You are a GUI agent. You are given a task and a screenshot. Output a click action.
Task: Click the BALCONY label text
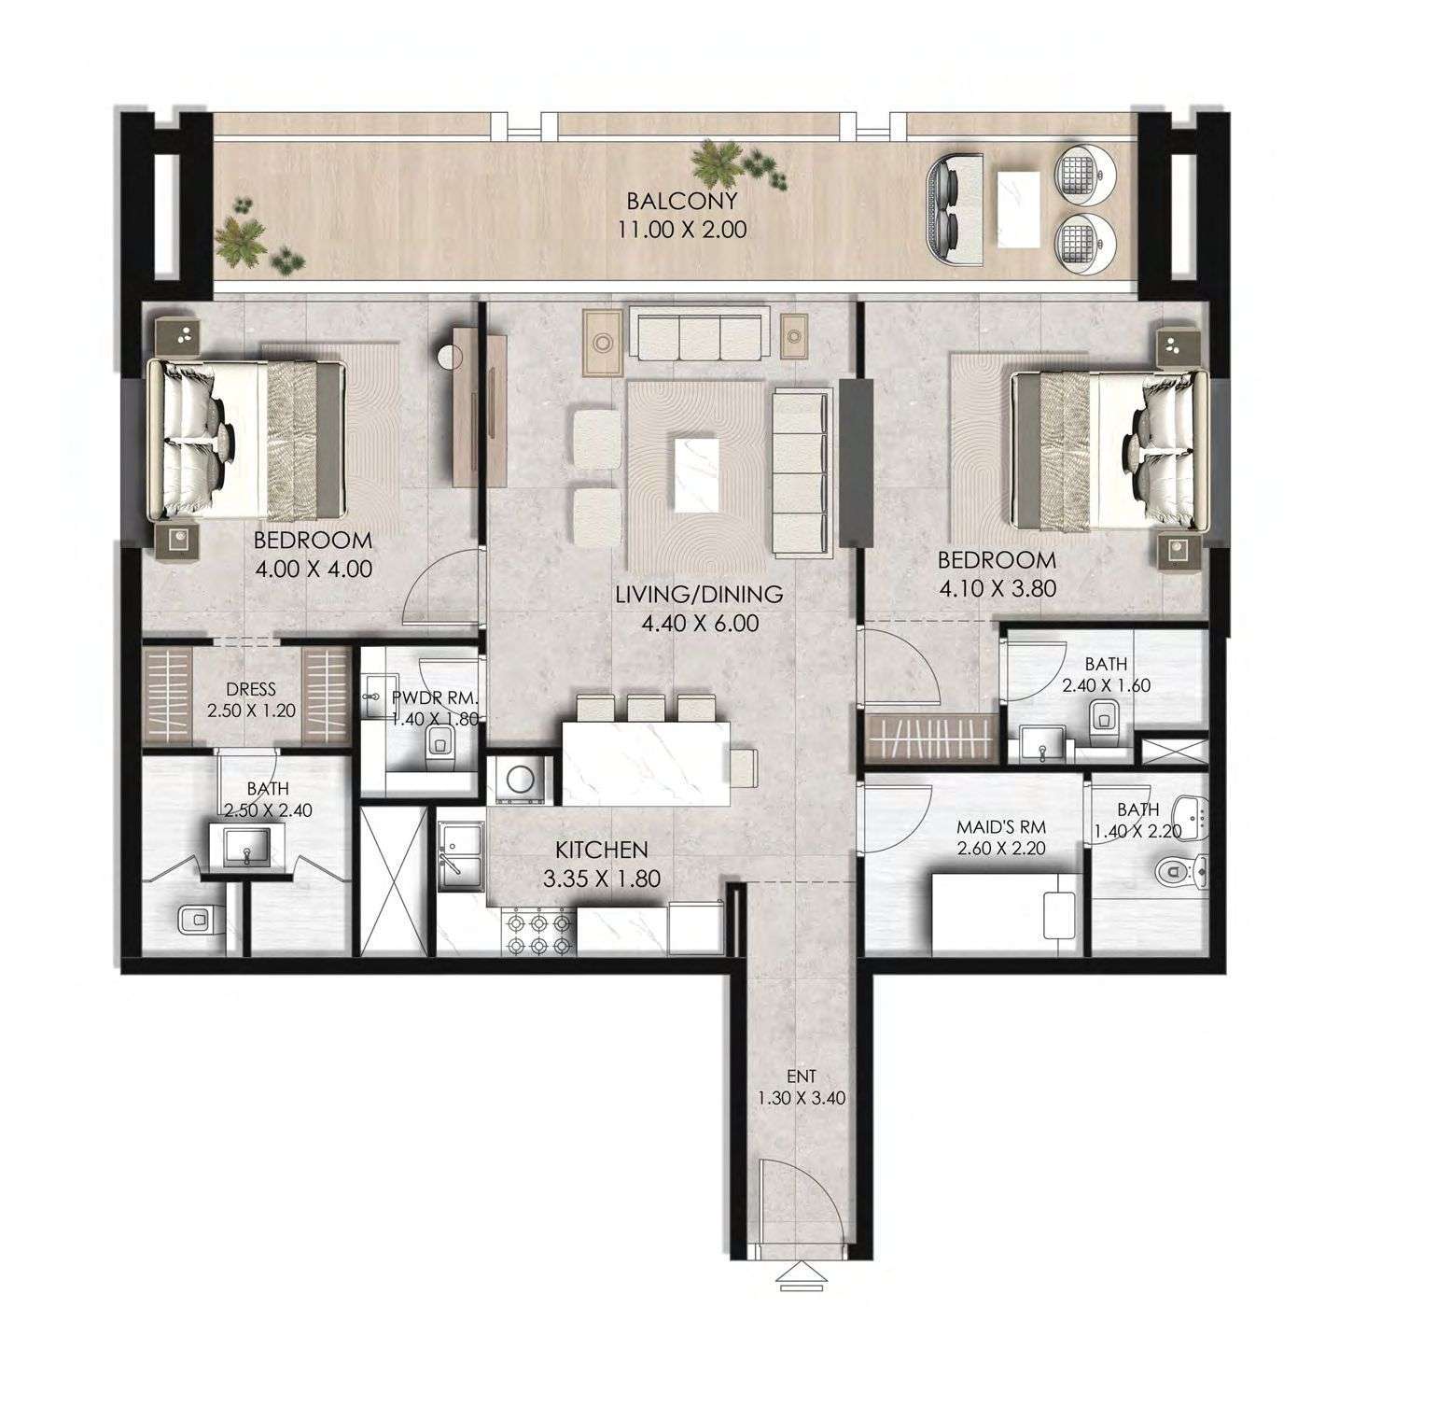682,201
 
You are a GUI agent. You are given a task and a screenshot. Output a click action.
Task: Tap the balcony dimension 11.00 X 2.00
682,230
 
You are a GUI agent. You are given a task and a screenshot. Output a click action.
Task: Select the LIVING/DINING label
699,594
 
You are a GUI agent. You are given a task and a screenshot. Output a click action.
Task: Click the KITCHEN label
601,850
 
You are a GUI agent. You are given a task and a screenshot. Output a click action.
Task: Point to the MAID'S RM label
1001,827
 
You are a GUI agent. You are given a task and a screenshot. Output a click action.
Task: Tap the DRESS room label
251,690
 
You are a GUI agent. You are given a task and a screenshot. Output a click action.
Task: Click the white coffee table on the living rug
699,472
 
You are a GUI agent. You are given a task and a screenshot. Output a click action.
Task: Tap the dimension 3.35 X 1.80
601,879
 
